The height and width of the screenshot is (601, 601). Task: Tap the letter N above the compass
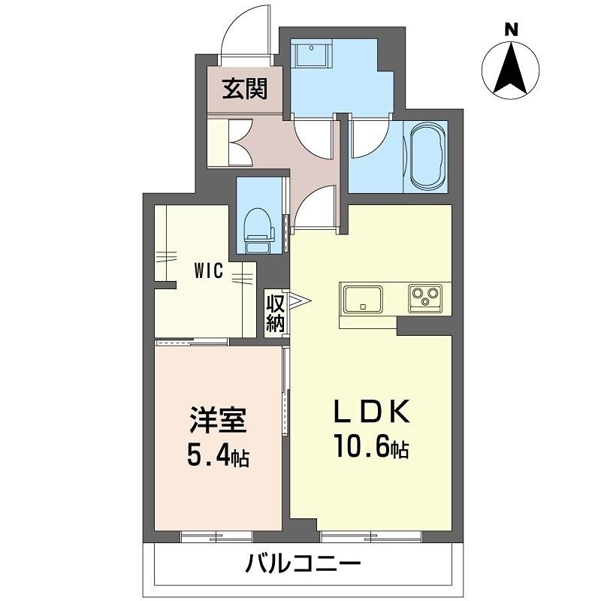coord(511,30)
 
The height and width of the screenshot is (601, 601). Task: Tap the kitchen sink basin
coord(363,299)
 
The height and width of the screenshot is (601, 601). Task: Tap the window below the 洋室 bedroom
coord(216,536)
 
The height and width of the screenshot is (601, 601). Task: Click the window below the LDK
coord(370,536)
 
